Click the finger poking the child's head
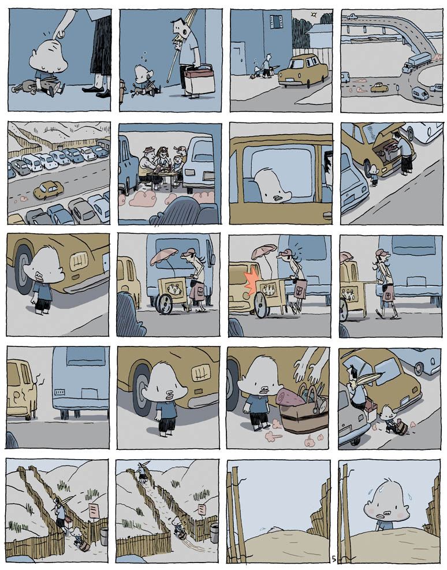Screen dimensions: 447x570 point(60,33)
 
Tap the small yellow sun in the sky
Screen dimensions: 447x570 point(314,14)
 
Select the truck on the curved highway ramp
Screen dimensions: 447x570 point(416,62)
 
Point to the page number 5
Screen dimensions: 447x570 point(334,558)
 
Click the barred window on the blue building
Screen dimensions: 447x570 point(276,22)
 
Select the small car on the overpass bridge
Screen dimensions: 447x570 point(352,17)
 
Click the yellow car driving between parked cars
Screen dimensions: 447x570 point(49,190)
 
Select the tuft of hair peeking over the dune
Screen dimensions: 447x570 point(273,529)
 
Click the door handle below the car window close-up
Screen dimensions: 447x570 point(327,215)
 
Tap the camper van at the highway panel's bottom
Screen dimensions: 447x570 point(420,94)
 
